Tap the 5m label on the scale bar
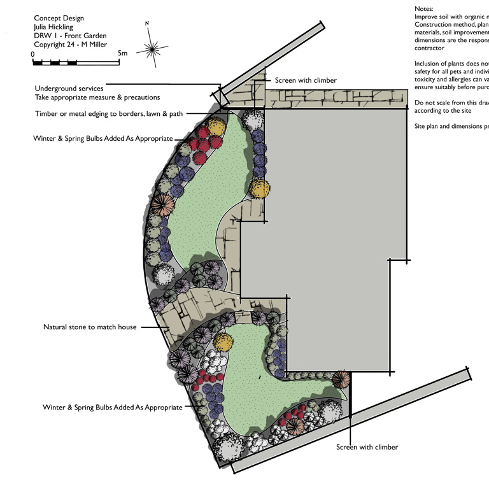[x=123, y=54]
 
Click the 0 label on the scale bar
[x=33, y=54]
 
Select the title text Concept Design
[x=59, y=18]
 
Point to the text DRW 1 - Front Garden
[x=70, y=36]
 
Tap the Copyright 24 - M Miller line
[x=70, y=45]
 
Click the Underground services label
[x=69, y=89]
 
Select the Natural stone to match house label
[x=90, y=327]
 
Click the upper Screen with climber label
[x=306, y=81]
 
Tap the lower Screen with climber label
[x=367, y=447]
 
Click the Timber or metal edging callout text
[x=109, y=114]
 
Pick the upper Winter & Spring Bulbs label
[x=103, y=138]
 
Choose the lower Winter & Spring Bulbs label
[x=112, y=407]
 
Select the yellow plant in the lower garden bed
[x=222, y=341]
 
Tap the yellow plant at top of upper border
[x=217, y=127]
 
